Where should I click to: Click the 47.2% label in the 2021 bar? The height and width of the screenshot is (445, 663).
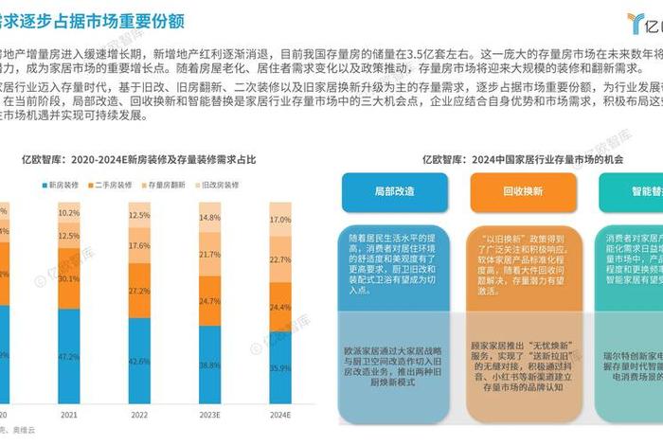[68, 357]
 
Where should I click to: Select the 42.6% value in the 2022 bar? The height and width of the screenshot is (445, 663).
[138, 361]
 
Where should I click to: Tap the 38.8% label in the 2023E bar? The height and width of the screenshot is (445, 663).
[209, 365]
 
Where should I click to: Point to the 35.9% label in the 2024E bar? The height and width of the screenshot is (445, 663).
[280, 367]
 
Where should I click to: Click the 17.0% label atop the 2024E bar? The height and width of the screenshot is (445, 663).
[280, 220]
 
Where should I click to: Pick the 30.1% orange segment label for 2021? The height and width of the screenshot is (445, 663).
[68, 279]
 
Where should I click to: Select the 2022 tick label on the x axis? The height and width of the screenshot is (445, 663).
[138, 414]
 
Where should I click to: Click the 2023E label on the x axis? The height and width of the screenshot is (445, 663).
[209, 414]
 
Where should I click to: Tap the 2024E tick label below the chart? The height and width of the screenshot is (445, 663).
[280, 414]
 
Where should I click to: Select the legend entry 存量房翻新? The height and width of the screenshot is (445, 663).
[163, 186]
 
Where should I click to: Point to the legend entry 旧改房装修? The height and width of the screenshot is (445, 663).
[215, 186]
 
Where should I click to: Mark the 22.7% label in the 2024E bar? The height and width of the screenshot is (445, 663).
[280, 259]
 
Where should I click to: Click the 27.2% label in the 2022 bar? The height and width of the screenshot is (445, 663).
[138, 290]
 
